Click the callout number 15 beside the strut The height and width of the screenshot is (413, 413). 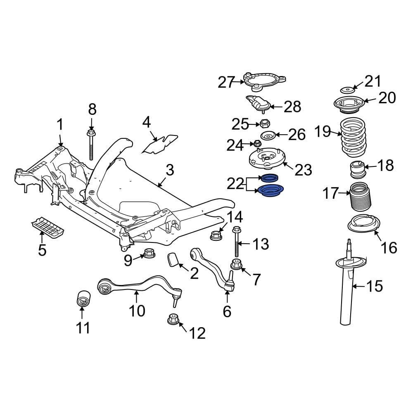point(375,286)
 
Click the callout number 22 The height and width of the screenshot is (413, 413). point(236,184)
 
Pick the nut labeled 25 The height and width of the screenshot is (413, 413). point(264,123)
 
